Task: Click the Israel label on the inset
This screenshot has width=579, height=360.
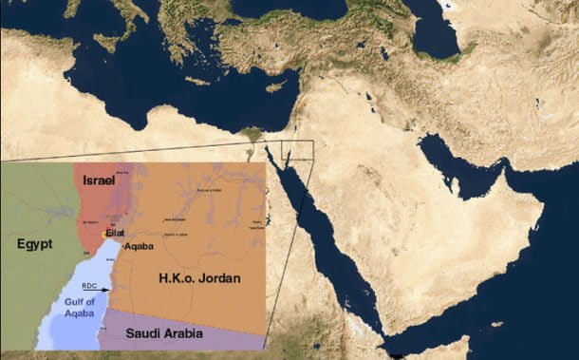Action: coord(98,180)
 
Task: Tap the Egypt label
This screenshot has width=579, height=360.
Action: coord(34,244)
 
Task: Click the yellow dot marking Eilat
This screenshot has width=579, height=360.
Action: coord(104,235)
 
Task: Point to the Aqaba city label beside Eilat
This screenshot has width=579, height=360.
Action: coord(139,244)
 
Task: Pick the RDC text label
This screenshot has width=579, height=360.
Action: coord(88,285)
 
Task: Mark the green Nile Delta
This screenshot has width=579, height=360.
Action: coord(252,133)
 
